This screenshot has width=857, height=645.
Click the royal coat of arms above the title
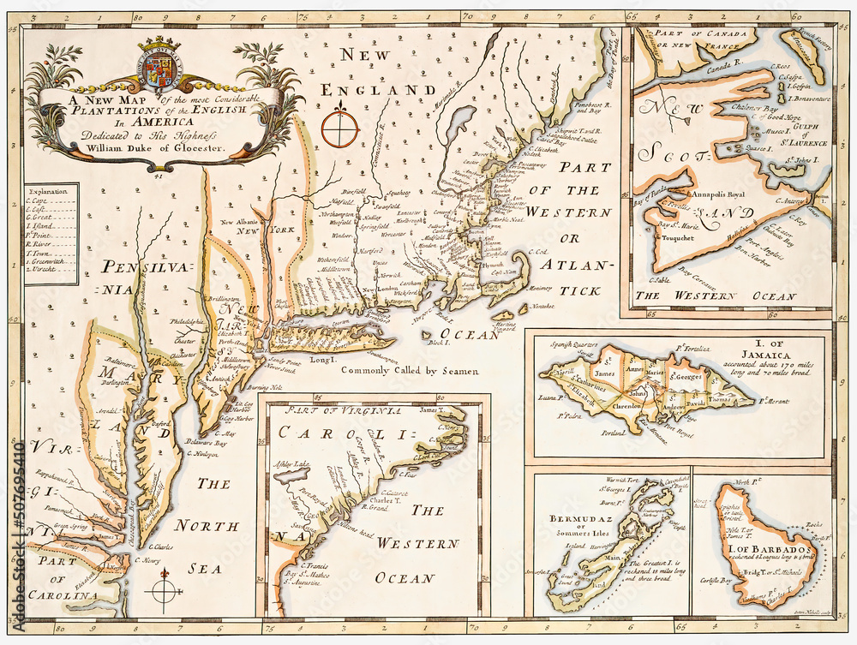pos(158,66)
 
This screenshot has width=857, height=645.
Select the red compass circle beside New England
pos(340,128)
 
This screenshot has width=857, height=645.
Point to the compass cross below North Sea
pos(164,589)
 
